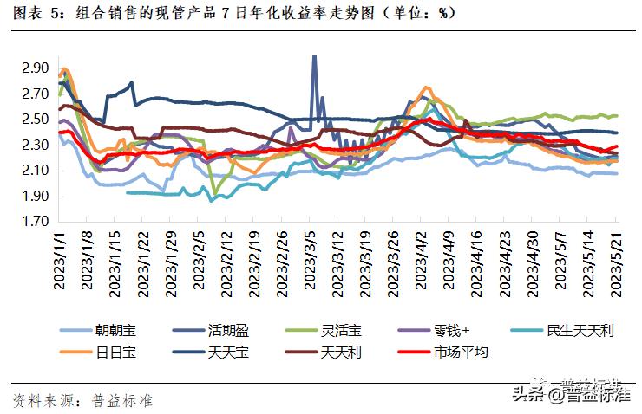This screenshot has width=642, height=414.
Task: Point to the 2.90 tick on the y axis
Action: click(x=36, y=68)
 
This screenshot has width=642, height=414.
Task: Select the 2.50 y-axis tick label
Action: click(x=36, y=119)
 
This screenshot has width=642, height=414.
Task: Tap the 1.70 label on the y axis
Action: click(x=36, y=222)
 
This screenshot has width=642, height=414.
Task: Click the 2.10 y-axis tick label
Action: click(x=36, y=171)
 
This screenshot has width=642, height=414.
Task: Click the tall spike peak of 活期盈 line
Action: click(x=313, y=58)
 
